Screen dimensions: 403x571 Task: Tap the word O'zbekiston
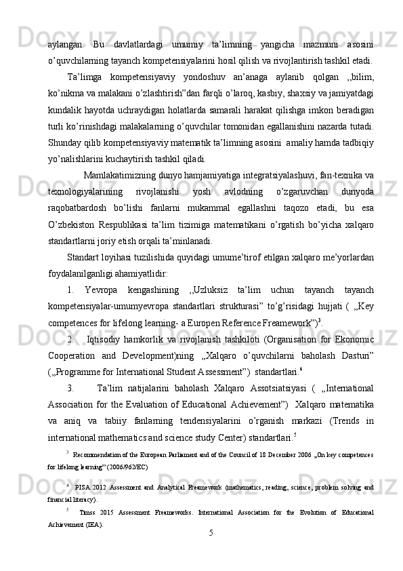click(70, 223)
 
